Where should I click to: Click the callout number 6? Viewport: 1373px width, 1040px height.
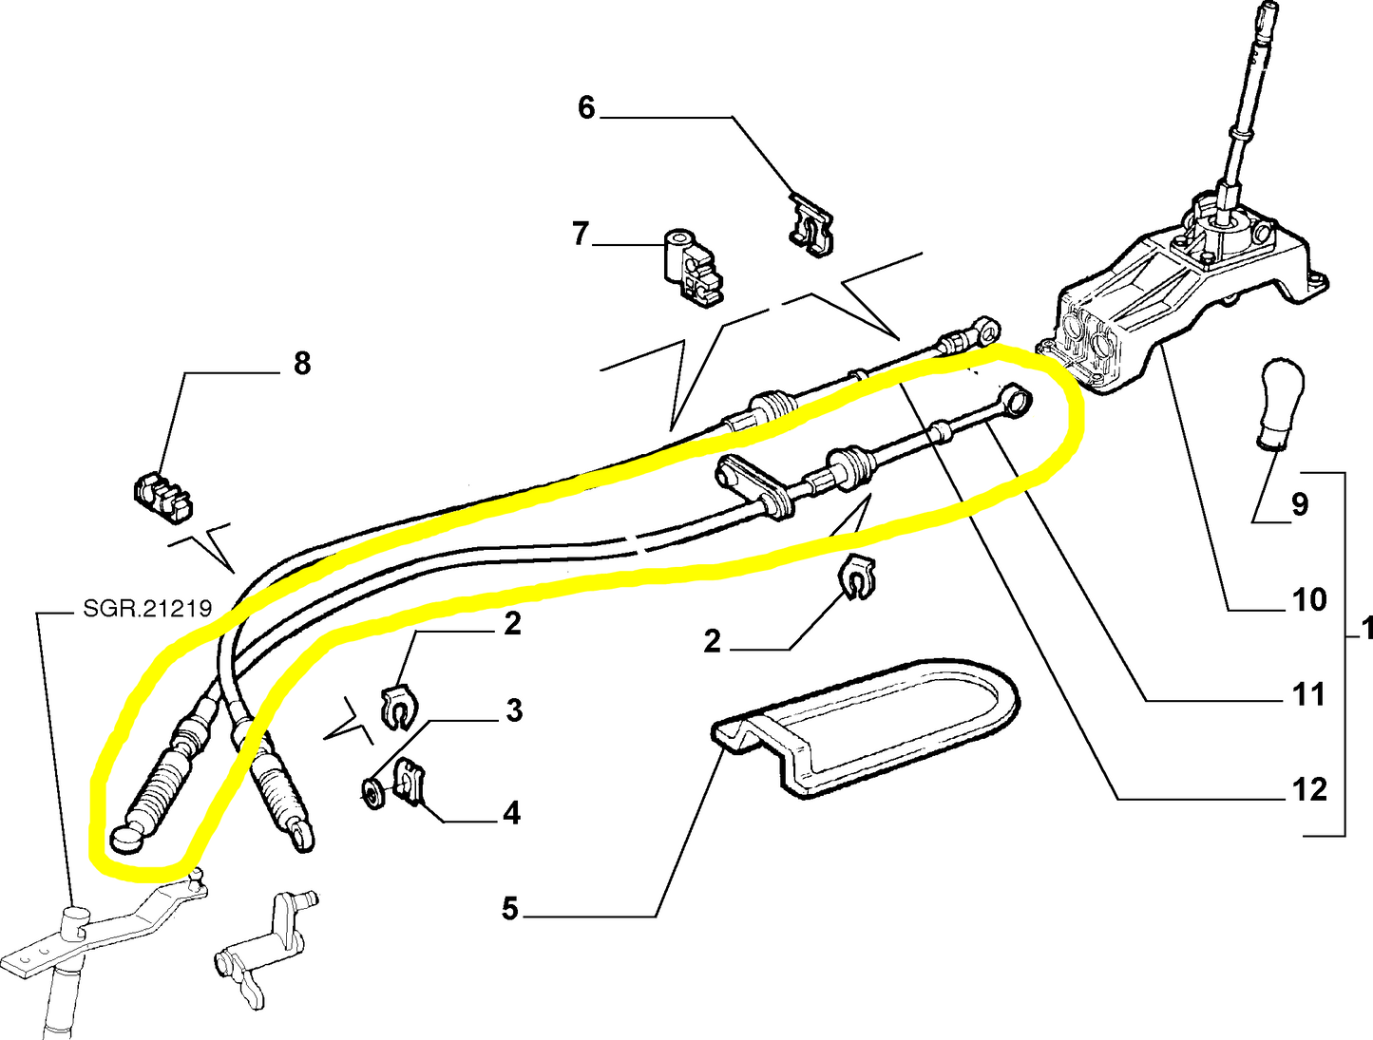pyautogui.click(x=586, y=107)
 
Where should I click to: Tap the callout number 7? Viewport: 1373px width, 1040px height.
pyautogui.click(x=581, y=233)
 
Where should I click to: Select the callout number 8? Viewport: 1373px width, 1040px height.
pyautogui.click(x=302, y=363)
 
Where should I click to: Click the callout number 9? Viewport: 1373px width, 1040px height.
pyautogui.click(x=1299, y=504)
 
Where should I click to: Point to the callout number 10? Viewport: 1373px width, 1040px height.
pyautogui.click(x=1308, y=599)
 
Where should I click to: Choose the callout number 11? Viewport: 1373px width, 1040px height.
pyautogui.click(x=1308, y=694)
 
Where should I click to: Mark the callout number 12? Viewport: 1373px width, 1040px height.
pyautogui.click(x=1308, y=789)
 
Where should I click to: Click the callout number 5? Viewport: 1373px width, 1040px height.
pyautogui.click(x=510, y=909)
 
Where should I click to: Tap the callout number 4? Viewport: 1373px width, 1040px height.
pyautogui.click(x=511, y=813)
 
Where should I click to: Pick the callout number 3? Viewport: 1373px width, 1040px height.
pyautogui.click(x=514, y=709)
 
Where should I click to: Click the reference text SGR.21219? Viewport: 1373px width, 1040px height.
pyautogui.click(x=147, y=608)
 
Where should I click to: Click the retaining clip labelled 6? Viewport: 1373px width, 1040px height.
pyautogui.click(x=810, y=225)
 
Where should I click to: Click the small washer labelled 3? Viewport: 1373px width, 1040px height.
pyautogui.click(x=373, y=790)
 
